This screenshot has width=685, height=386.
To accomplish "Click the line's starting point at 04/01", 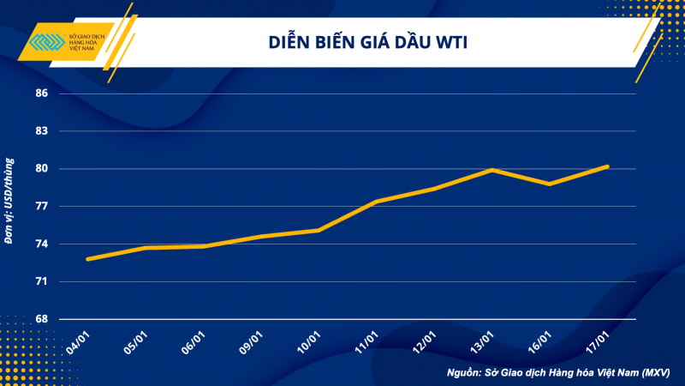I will (88, 259).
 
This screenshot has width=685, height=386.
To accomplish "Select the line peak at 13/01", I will (491, 170).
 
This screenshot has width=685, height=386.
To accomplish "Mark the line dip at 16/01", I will (549, 184).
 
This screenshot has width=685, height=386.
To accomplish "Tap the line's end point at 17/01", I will (607, 166).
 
